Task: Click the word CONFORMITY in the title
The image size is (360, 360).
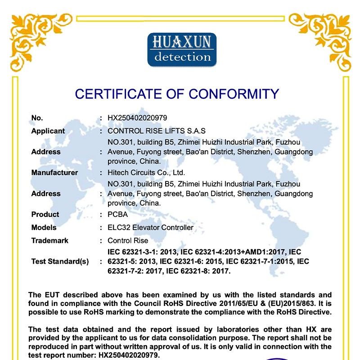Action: [234, 94]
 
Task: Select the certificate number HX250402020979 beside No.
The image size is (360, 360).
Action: [137, 118]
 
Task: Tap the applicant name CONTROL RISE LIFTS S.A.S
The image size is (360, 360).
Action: [157, 131]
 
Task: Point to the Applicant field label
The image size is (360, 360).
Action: [48, 131]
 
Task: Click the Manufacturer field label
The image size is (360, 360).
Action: [54, 172]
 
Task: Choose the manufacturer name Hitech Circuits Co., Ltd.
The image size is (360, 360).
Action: [146, 172]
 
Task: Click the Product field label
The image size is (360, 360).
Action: [45, 214]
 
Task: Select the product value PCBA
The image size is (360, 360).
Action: [118, 214]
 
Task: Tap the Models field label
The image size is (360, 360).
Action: [44, 227]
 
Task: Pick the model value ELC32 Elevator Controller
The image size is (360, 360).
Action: [150, 227]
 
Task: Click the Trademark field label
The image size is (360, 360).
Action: [50, 240]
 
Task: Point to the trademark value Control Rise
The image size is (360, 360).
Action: [128, 240]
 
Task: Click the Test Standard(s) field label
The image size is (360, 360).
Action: [60, 261]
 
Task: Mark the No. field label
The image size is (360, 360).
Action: [37, 118]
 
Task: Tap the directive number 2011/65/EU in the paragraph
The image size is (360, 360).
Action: [234, 303]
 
